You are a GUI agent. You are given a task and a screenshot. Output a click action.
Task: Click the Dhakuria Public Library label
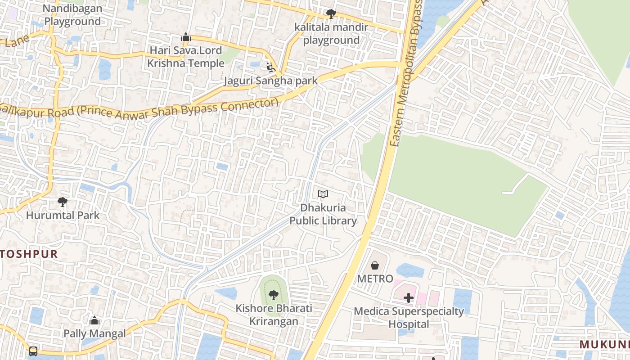click(x=323, y=214)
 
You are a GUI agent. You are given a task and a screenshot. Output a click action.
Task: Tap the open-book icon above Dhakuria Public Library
click(x=323, y=194)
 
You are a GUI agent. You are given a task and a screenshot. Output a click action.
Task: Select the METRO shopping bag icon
click(x=374, y=265)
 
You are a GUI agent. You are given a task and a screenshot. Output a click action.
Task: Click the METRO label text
click(x=375, y=279)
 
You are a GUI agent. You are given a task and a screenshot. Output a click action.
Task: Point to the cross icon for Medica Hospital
click(x=409, y=298)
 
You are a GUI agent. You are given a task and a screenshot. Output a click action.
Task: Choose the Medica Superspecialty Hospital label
click(x=409, y=317)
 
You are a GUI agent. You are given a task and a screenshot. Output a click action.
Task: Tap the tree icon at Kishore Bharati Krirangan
click(x=274, y=295)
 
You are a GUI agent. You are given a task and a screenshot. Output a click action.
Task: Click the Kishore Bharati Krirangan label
click(x=274, y=315)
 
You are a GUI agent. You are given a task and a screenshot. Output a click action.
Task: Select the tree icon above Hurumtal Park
click(x=63, y=202)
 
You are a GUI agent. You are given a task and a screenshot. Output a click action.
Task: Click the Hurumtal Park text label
click(x=63, y=215)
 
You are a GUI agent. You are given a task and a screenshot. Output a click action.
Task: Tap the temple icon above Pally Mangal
click(x=94, y=320)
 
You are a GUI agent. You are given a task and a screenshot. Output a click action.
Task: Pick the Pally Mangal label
click(x=94, y=333)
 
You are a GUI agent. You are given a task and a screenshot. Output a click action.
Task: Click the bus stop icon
click(x=33, y=351)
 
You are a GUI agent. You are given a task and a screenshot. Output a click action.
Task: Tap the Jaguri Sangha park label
click(x=271, y=81)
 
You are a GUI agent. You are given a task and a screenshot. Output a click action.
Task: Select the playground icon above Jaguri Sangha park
click(x=271, y=68)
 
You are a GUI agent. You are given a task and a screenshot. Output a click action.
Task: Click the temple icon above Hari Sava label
click(x=186, y=37)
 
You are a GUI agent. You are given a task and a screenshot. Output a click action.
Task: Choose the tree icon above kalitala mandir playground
click(x=331, y=14)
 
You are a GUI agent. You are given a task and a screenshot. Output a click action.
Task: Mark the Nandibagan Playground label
click(x=72, y=15)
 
